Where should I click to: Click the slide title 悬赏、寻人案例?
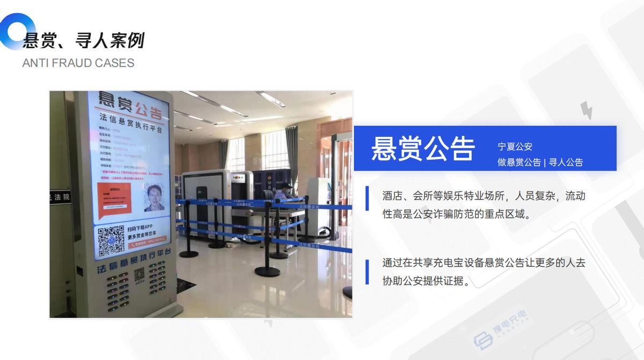tap(84, 40)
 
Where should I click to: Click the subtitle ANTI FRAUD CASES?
tap(78, 63)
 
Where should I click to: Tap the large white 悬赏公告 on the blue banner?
tap(423, 149)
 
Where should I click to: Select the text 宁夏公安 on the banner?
tap(515, 146)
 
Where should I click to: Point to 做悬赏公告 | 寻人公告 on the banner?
tap(540, 162)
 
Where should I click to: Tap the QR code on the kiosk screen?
tap(111, 239)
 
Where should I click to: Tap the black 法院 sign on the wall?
tap(60, 197)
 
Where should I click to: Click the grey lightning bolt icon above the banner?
tap(587, 111)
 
